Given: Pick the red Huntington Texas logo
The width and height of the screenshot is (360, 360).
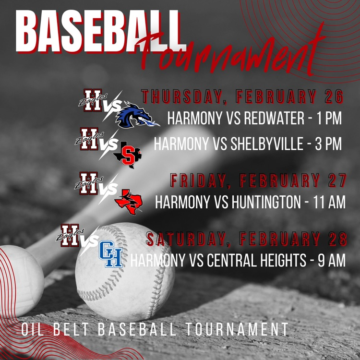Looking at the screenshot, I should tap(129, 200).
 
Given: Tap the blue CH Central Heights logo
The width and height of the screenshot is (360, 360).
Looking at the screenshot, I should tap(110, 254).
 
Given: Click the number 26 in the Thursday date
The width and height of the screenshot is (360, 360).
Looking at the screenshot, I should tap(334, 96).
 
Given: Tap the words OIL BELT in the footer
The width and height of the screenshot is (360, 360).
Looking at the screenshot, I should tap(56, 330).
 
